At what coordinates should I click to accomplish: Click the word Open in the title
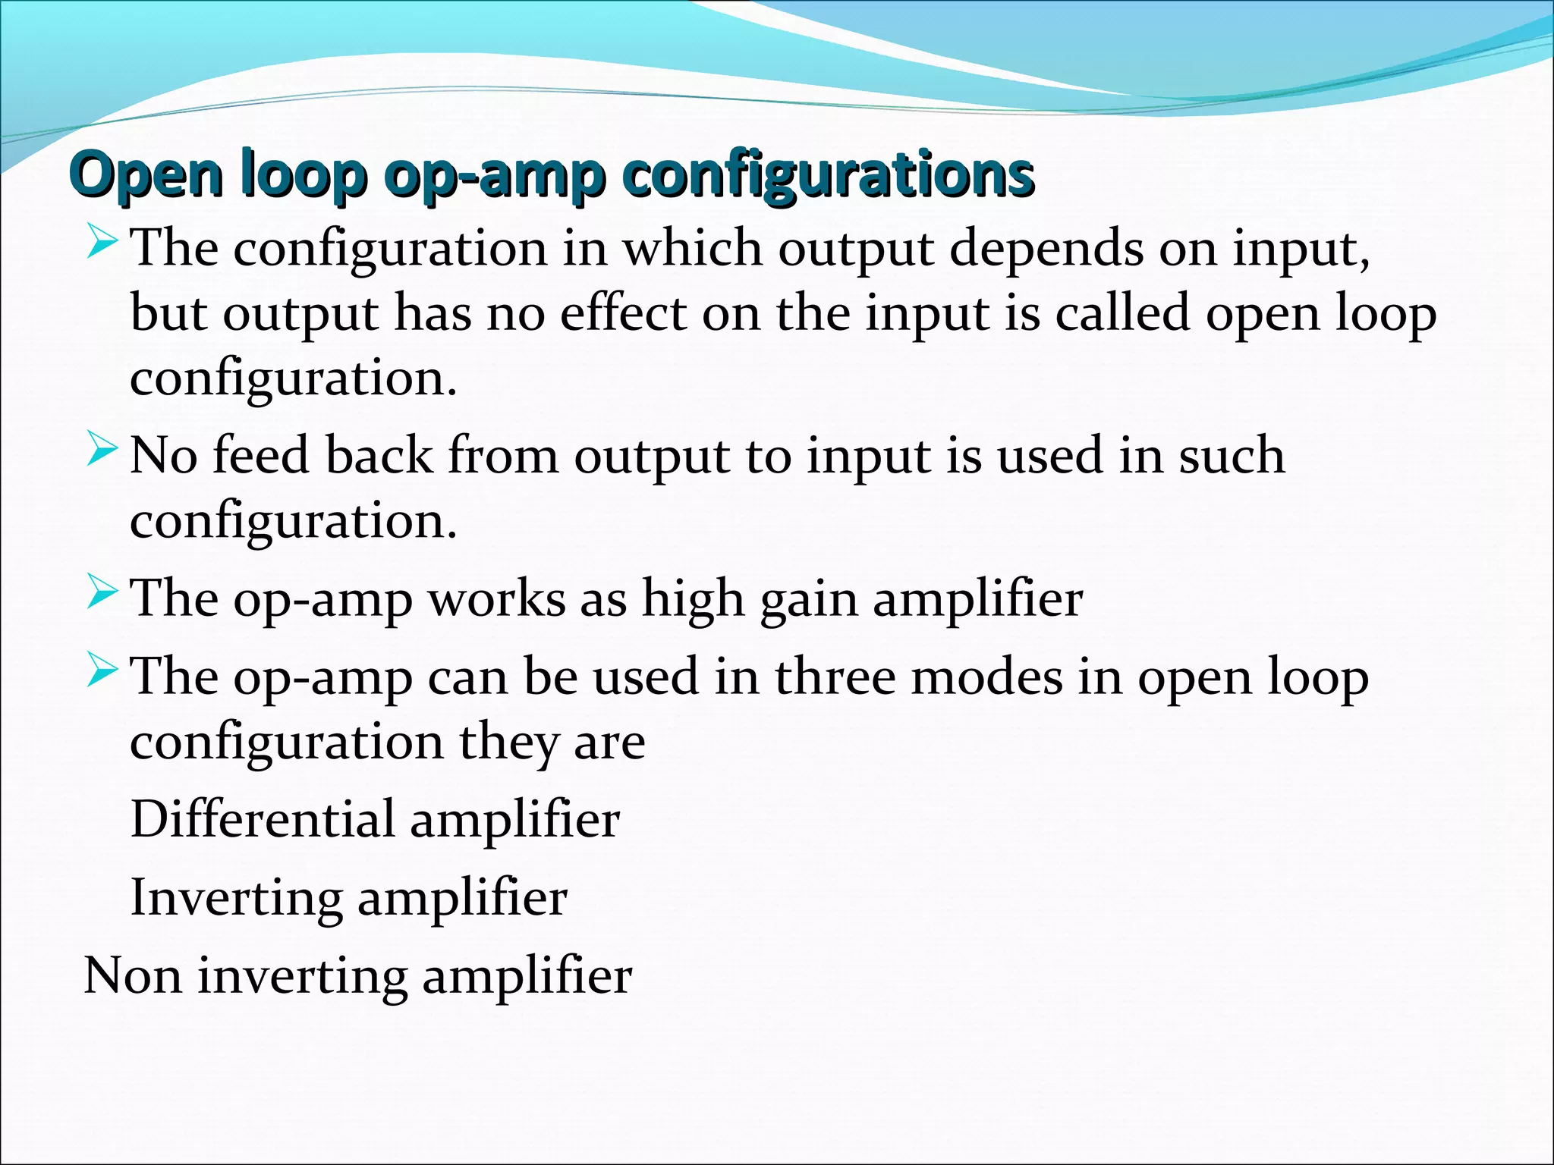[148, 176]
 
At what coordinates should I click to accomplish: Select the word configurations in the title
[828, 176]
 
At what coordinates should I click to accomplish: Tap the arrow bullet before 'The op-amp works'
[102, 591]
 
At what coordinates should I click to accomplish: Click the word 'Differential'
[263, 819]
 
